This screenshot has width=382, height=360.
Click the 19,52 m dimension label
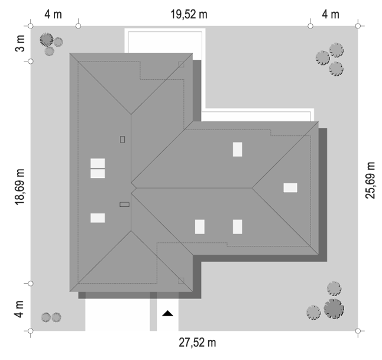pos(189,14)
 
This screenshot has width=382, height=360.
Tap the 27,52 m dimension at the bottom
pos(198,342)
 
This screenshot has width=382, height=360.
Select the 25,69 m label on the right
pos(370,180)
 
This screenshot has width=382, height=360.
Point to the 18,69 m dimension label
pos(20,187)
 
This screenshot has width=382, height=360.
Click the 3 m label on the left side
pos(20,43)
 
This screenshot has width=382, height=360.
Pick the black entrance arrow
pos(167,313)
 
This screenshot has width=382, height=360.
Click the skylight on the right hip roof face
pos(290,188)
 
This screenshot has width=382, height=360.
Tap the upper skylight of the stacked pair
pos(98,163)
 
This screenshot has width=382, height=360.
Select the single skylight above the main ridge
pos(238,150)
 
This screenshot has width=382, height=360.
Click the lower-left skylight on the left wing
pos(98,218)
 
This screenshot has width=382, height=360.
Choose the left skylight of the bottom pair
pos(200,227)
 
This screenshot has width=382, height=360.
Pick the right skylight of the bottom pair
pos(238,227)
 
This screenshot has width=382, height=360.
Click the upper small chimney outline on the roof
pos(122,140)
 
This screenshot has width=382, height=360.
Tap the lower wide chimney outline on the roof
pos(125,205)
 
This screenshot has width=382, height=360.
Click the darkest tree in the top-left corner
pos(47,40)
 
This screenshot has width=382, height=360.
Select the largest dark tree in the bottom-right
pos(334,309)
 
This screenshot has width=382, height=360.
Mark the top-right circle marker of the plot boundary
pos(358,26)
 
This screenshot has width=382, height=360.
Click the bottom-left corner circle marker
pos(30,331)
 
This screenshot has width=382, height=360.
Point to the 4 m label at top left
pos(53,14)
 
